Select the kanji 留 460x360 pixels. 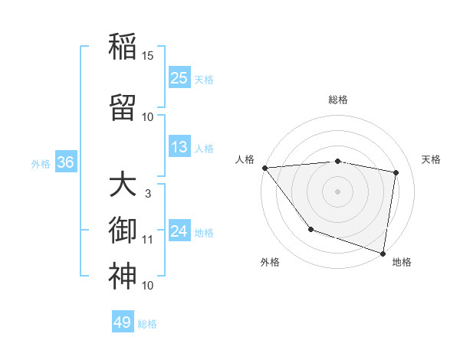[123, 108]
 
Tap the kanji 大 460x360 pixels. [123, 185]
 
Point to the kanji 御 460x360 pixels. [123, 231]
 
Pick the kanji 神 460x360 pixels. [123, 277]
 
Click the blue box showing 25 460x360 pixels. [179, 77]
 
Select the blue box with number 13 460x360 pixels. [179, 147]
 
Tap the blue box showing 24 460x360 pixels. [179, 231]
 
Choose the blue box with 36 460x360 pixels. [65, 162]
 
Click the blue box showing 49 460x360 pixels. [123, 322]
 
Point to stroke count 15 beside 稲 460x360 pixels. [148, 56]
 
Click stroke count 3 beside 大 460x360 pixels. [148, 194]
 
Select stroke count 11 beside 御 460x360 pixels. [148, 240]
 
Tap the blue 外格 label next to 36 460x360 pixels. [41, 163]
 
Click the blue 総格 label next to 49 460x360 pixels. [147, 324]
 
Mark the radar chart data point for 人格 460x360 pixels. [264, 168]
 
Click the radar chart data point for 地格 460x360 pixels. [383, 252]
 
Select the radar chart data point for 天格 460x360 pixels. [396, 172]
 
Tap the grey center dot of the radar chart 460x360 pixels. [337, 191]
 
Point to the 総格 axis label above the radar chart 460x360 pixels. [337, 100]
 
